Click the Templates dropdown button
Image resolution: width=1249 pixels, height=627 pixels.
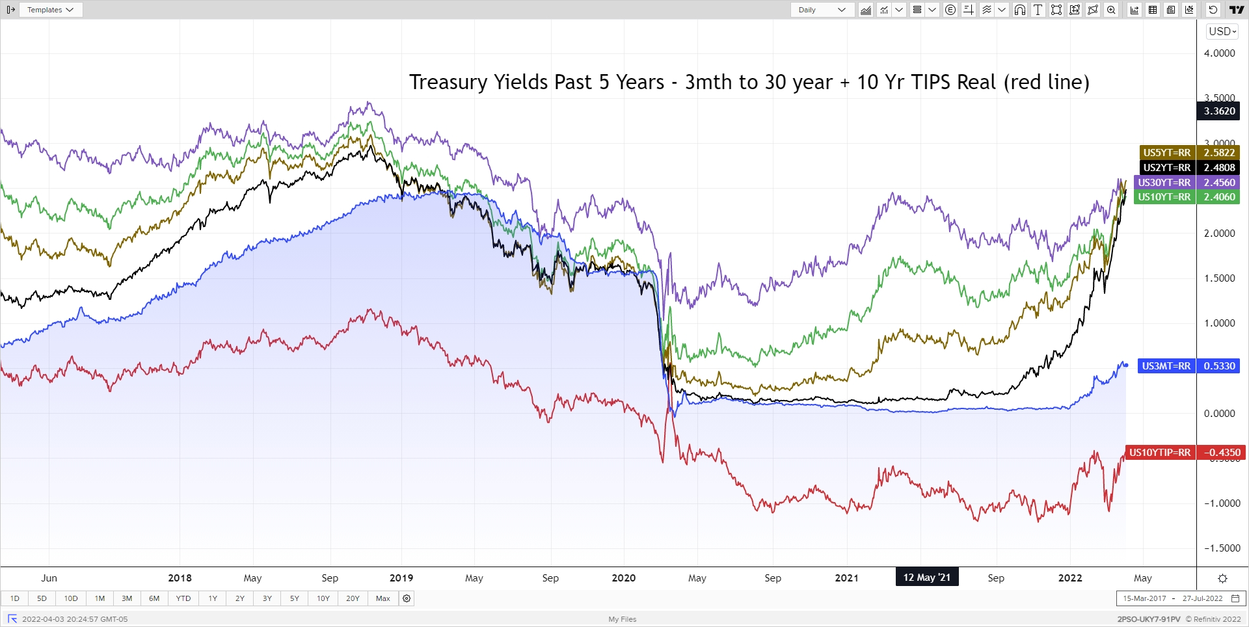click(51, 10)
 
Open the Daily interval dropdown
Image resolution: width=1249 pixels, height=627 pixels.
click(822, 10)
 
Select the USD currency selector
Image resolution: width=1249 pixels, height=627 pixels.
click(1222, 31)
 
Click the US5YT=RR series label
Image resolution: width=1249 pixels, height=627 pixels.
click(1167, 153)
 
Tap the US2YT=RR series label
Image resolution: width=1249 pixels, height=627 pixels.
click(1167, 168)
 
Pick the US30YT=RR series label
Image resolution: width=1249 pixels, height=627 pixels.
click(1164, 183)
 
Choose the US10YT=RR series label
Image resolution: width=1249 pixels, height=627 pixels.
click(1164, 197)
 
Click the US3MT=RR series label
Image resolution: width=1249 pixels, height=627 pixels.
click(1166, 366)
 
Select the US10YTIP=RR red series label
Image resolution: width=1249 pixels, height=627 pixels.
click(1159, 453)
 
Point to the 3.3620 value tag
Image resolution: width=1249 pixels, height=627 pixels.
click(1218, 111)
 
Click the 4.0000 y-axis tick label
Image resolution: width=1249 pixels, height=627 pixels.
click(1219, 53)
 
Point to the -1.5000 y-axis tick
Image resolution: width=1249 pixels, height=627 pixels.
click(1222, 548)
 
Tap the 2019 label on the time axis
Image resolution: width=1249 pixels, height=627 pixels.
click(401, 578)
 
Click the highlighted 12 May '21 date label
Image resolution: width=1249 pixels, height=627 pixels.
click(926, 578)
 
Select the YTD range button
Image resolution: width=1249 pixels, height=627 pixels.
click(183, 598)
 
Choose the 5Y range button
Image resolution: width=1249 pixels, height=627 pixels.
click(295, 598)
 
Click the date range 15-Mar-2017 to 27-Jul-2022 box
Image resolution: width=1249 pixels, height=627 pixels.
click(1181, 598)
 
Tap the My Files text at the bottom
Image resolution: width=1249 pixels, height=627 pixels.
click(623, 619)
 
